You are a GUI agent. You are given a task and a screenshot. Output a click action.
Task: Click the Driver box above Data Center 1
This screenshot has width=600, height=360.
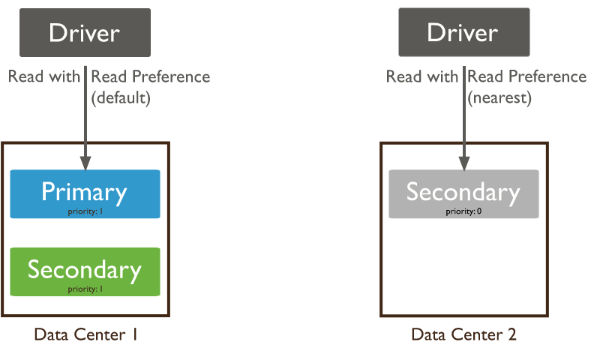(x=85, y=32)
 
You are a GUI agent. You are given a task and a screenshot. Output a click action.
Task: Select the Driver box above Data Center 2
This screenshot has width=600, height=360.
(x=464, y=32)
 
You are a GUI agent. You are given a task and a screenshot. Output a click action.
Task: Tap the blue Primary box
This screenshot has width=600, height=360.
(x=85, y=194)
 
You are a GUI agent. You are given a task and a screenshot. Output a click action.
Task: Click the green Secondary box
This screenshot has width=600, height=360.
(x=85, y=271)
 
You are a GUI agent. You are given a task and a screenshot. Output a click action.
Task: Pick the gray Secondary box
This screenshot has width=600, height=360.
(x=463, y=194)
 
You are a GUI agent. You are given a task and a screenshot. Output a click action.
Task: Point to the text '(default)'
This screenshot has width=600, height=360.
(x=121, y=98)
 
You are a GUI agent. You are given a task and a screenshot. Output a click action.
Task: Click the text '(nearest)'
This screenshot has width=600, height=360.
(x=499, y=98)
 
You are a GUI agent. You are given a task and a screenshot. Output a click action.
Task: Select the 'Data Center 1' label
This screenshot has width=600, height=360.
(x=85, y=334)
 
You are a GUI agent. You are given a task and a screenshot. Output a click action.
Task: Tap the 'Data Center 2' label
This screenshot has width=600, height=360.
(x=463, y=334)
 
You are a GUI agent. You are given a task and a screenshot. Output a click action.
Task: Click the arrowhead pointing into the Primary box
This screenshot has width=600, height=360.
(x=85, y=163)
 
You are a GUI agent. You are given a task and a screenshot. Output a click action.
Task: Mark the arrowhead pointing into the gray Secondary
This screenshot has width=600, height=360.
(x=464, y=163)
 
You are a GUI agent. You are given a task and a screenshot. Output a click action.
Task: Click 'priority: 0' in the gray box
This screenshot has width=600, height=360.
(x=463, y=211)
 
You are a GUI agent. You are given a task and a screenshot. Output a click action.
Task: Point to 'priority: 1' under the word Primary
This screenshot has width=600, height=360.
(x=85, y=211)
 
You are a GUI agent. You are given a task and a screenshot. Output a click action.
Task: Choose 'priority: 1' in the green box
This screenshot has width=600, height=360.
(x=85, y=289)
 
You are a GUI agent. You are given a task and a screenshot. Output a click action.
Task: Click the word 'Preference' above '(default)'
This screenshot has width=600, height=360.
(x=172, y=76)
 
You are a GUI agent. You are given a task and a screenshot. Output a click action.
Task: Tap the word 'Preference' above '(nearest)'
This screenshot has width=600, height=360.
(x=548, y=76)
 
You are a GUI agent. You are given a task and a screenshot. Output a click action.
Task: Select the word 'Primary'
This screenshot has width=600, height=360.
(x=84, y=193)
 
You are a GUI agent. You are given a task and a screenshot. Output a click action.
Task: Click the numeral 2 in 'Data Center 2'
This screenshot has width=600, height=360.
(x=512, y=334)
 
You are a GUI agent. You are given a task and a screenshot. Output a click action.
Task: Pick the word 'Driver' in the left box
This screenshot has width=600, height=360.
(x=84, y=33)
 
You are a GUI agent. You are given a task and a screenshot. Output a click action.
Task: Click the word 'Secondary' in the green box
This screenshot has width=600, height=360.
(x=85, y=271)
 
